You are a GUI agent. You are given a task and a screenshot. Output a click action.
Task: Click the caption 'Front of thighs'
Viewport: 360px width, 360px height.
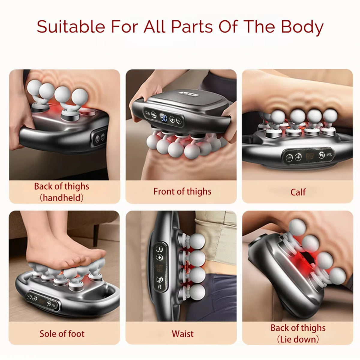182,191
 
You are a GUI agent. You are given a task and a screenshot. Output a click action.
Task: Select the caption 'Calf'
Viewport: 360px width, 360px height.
298,192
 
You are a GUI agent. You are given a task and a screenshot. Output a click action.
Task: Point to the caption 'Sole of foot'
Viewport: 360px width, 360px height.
62,334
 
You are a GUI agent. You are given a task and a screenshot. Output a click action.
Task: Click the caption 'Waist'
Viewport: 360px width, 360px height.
182,334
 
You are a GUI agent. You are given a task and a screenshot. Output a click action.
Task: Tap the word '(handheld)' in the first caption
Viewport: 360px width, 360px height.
62,198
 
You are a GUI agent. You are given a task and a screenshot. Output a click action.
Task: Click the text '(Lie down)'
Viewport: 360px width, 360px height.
298,340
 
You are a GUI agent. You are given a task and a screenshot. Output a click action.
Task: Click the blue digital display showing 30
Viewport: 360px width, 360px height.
164,118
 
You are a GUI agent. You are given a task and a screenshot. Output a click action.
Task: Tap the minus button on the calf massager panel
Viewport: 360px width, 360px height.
289,157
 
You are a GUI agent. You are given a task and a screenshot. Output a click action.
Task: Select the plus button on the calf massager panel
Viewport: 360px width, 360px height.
298,157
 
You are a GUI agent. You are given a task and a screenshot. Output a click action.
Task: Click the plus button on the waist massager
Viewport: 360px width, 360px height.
159,257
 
